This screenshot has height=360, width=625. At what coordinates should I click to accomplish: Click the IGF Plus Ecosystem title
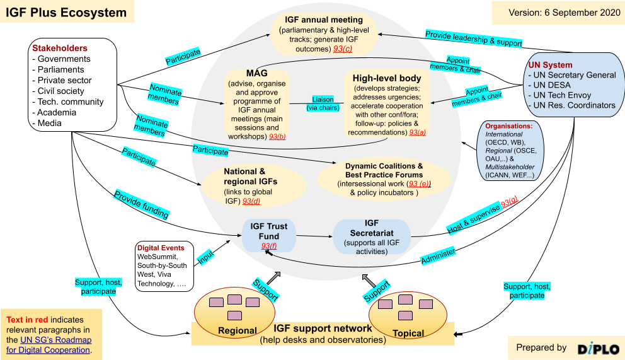pyautogui.click(x=66, y=13)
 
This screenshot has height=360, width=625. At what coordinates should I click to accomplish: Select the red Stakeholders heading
pyautogui.click(x=60, y=48)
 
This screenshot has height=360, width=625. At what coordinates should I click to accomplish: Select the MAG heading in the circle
pyautogui.click(x=256, y=74)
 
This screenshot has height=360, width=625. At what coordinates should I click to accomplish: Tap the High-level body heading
pyautogui.click(x=387, y=78)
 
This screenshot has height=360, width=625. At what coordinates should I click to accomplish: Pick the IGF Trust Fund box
pyautogui.click(x=268, y=235)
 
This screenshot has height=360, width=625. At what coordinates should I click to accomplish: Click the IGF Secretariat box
pyautogui.click(x=371, y=237)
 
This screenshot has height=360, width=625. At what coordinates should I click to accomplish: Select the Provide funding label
pyautogui.click(x=142, y=204)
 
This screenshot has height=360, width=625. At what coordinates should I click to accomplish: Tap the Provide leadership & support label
pyautogui.click(x=473, y=38)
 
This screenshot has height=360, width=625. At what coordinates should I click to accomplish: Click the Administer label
pyautogui.click(x=438, y=254)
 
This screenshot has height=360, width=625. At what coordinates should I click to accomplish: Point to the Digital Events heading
pyautogui.click(x=161, y=248)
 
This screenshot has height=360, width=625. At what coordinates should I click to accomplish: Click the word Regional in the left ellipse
pyautogui.click(x=237, y=330)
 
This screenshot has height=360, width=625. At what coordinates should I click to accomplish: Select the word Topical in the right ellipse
pyautogui.click(x=408, y=333)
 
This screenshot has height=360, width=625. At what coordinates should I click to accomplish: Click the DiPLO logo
pyautogui.click(x=597, y=348)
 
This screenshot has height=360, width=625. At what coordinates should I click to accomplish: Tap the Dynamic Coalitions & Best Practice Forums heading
pyautogui.click(x=384, y=170)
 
